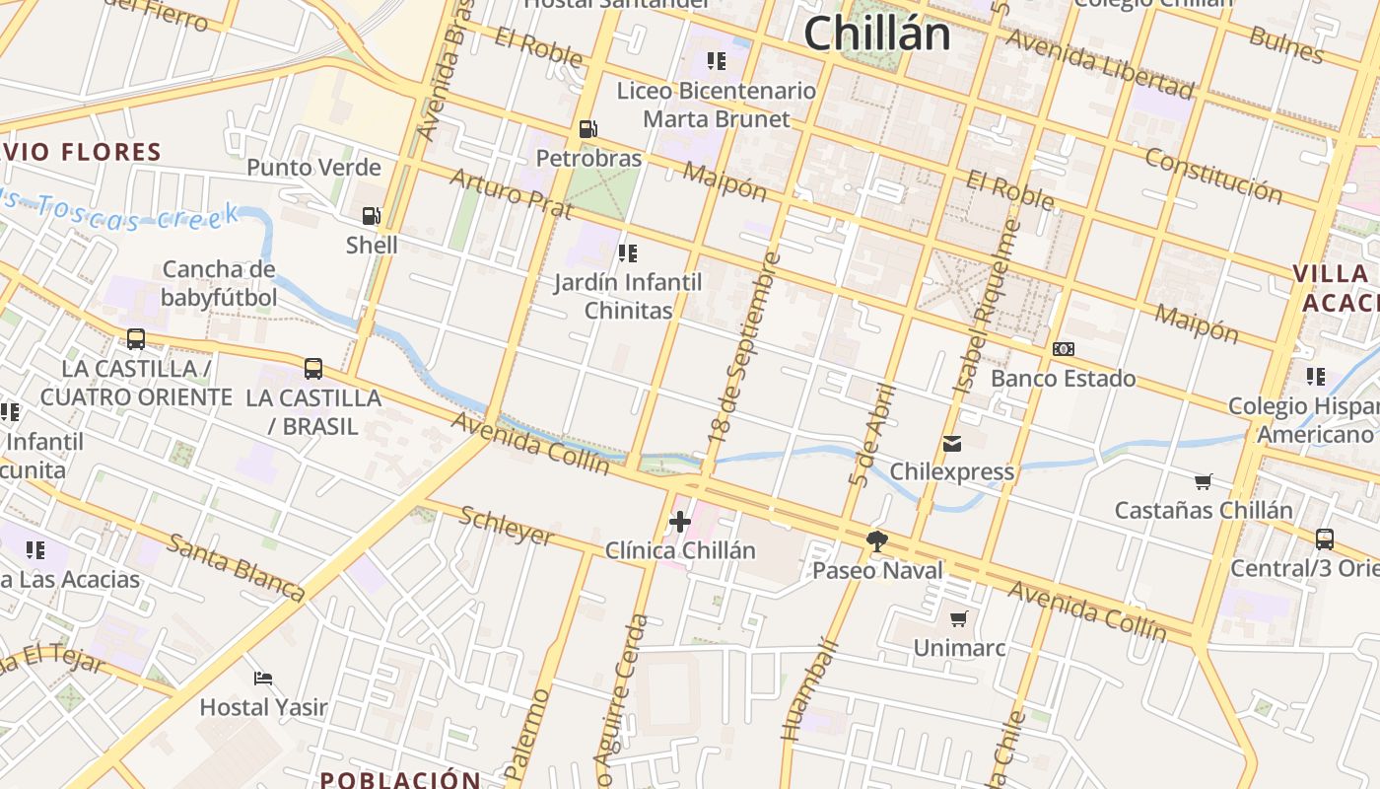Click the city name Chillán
(876, 34)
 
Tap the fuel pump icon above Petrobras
(587, 128)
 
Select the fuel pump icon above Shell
(372, 215)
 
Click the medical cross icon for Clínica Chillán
(680, 521)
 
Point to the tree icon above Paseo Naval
(876, 540)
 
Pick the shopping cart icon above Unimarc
(958, 618)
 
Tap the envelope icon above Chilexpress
(951, 443)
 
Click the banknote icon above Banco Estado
(1063, 349)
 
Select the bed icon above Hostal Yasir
(262, 678)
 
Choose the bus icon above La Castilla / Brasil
(313, 369)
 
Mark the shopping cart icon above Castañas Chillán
(1203, 481)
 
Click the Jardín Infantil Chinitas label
(628, 296)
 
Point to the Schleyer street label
(508, 527)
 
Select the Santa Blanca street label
(236, 567)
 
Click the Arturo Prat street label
(511, 192)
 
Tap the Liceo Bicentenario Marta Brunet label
(717, 105)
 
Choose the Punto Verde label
(313, 167)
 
